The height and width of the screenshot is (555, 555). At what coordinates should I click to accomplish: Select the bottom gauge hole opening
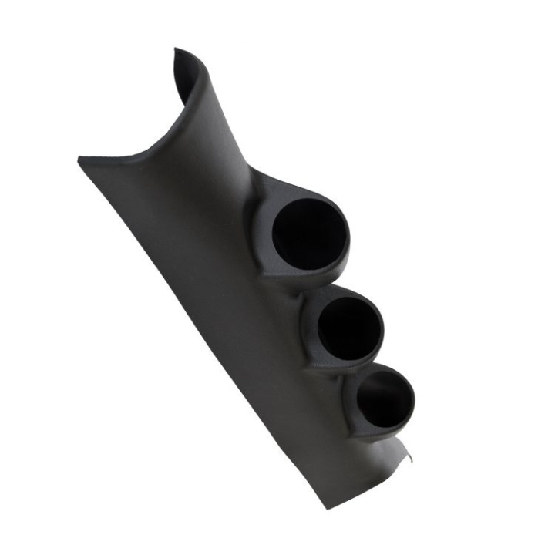[384, 399]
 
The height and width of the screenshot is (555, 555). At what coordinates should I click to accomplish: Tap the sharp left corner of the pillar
[80, 160]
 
